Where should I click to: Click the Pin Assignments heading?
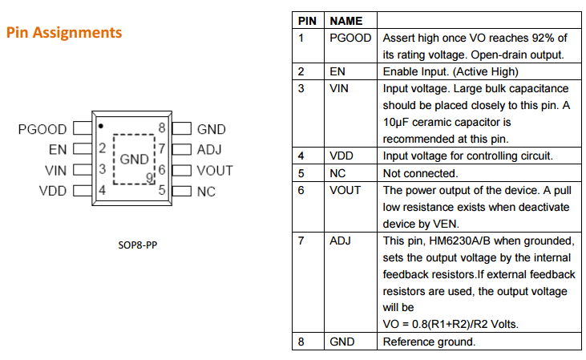pyautogui.click(x=64, y=33)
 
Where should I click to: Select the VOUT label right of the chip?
pyautogui.click(x=215, y=170)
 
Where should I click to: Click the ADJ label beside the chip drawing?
pyautogui.click(x=209, y=149)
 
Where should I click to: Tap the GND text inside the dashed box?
pyautogui.click(x=135, y=160)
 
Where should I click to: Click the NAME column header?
pyautogui.click(x=346, y=21)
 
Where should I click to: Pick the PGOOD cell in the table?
pyautogui.click(x=350, y=38)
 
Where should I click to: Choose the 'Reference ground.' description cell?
pyautogui.click(x=429, y=342)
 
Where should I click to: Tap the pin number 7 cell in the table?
pyautogui.click(x=301, y=241)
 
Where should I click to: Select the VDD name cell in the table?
pyautogui.click(x=342, y=156)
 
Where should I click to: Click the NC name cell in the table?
pyautogui.click(x=338, y=173)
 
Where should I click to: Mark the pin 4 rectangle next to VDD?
pyautogui.click(x=80, y=191)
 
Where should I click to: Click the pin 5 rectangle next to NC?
pyautogui.click(x=181, y=191)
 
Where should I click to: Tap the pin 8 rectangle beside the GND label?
pyautogui.click(x=181, y=128)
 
